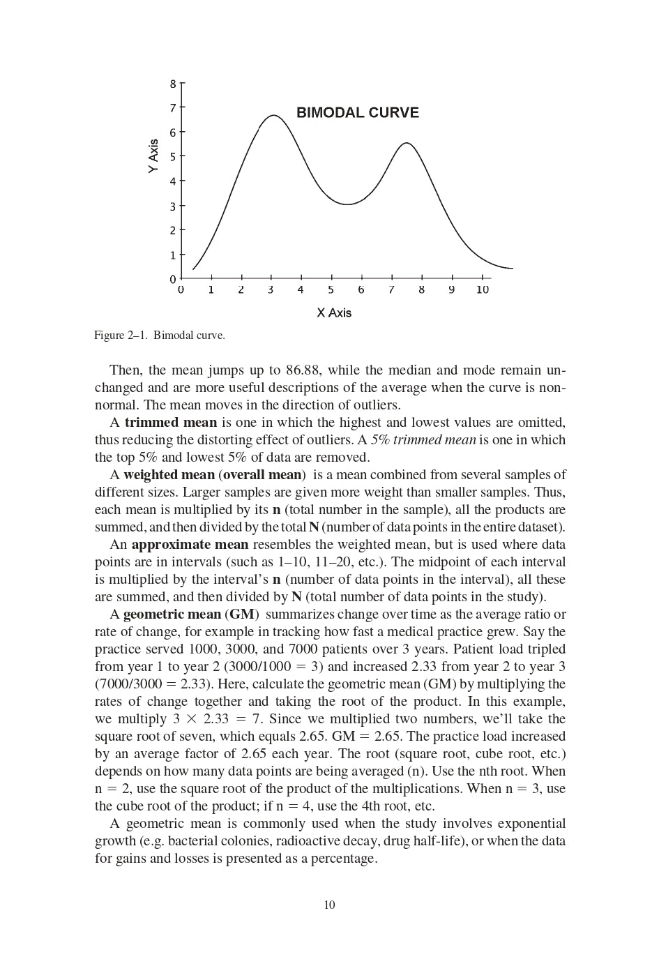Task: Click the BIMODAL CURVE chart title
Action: [x=358, y=113]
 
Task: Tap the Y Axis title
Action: [x=153, y=156]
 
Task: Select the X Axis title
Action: [x=334, y=312]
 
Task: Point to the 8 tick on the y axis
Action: [x=173, y=84]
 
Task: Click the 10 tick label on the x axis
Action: [x=483, y=290]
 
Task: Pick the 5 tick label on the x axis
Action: [x=331, y=290]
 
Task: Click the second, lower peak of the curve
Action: [x=407, y=143]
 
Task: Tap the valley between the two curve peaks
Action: [x=347, y=204]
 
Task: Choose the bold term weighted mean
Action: [x=169, y=475]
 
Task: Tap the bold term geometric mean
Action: [x=172, y=614]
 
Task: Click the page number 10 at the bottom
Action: [x=329, y=905]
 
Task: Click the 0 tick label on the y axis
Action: [x=173, y=280]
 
